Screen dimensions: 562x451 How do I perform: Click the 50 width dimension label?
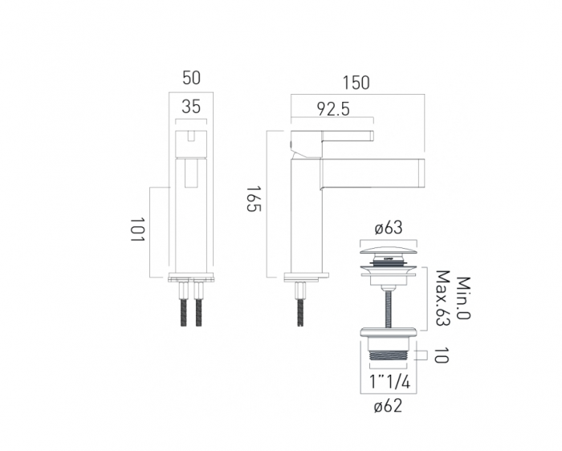point(191,78)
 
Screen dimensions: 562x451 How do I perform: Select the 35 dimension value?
point(191,107)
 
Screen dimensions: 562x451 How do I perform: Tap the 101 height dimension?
point(137,230)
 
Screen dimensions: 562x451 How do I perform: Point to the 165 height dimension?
point(254,199)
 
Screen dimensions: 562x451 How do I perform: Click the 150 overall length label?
point(356,83)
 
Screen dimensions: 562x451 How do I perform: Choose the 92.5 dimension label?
point(333,109)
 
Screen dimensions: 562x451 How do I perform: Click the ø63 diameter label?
point(389,228)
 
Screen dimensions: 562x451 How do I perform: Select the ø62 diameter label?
point(388,406)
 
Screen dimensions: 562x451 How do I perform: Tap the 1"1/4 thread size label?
point(389,382)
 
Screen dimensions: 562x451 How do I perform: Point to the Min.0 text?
point(464,298)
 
